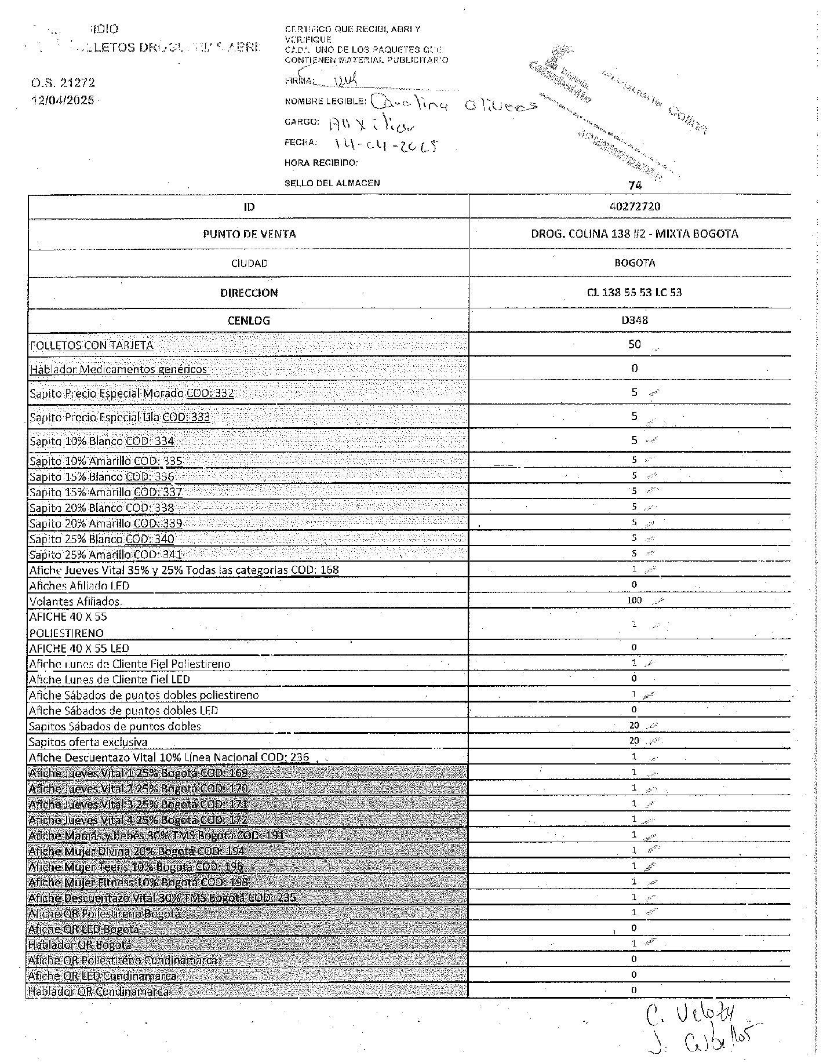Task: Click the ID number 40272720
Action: pyautogui.click(x=635, y=206)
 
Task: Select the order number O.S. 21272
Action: pyautogui.click(x=63, y=83)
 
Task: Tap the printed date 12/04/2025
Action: pyautogui.click(x=63, y=100)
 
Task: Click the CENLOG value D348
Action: pyautogui.click(x=635, y=320)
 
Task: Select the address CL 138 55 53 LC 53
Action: pyautogui.click(x=634, y=292)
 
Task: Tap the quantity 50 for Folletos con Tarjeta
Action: pyautogui.click(x=635, y=344)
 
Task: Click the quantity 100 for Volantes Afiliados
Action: pyautogui.click(x=635, y=600)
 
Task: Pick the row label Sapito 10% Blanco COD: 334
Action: pyautogui.click(x=102, y=441)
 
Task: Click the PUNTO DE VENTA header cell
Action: pyautogui.click(x=249, y=234)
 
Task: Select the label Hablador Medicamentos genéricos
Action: pyautogui.click(x=118, y=369)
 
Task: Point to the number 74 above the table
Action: pyautogui.click(x=635, y=185)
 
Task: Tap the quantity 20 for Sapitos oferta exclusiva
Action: pyautogui.click(x=634, y=741)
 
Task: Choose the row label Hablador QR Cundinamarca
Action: pyautogui.click(x=99, y=992)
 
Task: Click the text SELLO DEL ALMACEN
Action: pyautogui.click(x=332, y=183)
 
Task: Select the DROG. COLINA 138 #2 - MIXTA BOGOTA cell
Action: pyautogui.click(x=635, y=234)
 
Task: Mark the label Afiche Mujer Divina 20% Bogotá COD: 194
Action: pyautogui.click(x=137, y=851)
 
